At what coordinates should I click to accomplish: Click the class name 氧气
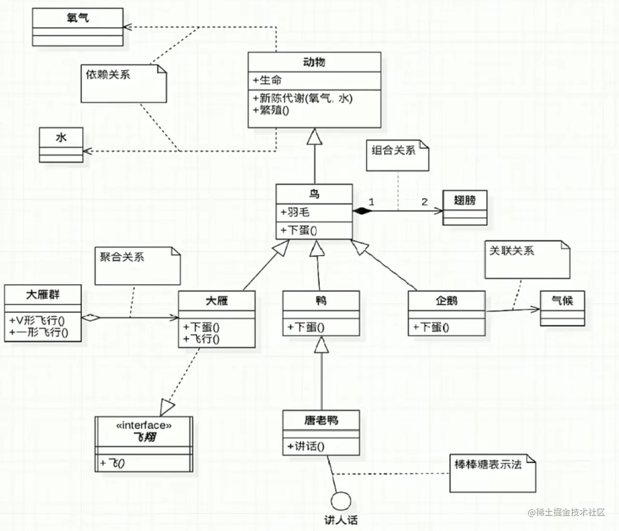coord(77,18)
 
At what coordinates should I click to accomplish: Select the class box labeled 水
coord(61,145)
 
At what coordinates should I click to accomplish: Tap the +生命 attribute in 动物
coord(267,80)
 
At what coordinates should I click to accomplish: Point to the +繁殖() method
coord(271,110)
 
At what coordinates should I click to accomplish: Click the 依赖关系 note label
coord(108,75)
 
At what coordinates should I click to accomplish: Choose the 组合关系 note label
coord(393,150)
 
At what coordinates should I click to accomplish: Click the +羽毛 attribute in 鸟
coord(295,212)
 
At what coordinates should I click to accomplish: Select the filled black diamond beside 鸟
coord(362,211)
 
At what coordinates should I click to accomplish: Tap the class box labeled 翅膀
coord(465,208)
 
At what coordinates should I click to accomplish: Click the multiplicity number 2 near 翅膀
coord(424,202)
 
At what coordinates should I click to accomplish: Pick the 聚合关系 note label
coord(122,257)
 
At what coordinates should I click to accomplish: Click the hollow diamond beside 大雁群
coord(90,318)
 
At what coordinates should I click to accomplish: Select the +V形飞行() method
coord(37,320)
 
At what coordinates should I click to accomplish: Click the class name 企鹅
coord(446,301)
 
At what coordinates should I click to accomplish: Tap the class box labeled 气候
coord(562,308)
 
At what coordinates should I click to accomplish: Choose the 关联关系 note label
coord(512,251)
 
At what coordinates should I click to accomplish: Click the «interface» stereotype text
coord(144,425)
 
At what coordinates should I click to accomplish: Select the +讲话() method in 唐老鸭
coord(306,446)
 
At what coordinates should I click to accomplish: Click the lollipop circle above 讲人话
coord(341,501)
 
